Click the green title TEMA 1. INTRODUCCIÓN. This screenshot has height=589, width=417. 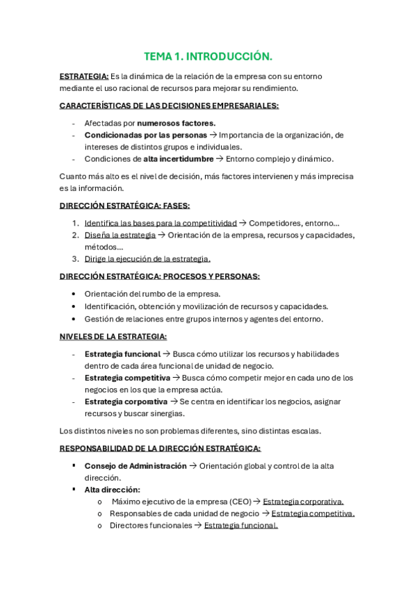point(208,56)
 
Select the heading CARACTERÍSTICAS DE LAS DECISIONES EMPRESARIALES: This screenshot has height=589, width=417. point(169,106)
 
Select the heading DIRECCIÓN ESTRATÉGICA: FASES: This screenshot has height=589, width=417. point(124,206)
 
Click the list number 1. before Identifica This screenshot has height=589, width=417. point(76,223)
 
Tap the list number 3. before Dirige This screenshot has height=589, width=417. point(76,258)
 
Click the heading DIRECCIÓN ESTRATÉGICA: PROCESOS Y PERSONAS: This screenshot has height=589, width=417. point(160,276)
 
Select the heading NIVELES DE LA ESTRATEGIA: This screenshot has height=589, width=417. point(113,336)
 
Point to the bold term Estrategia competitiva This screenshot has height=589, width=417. point(127,377)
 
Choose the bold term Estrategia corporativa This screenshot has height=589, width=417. point(126,401)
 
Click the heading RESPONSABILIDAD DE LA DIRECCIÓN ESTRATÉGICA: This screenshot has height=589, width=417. point(160,449)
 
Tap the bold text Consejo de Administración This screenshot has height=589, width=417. point(136,466)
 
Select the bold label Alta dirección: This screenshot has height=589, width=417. point(112,490)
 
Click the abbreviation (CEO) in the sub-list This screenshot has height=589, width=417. point(238,501)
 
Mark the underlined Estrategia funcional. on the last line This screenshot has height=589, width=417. point(240,526)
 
